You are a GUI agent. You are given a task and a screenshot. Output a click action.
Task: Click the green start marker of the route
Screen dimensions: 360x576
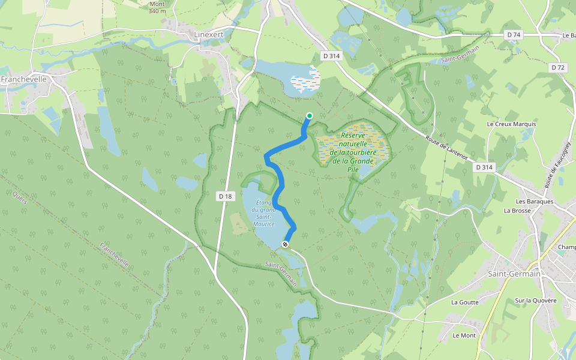[309, 116]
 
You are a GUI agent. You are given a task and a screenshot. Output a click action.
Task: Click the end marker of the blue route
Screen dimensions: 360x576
[285, 244]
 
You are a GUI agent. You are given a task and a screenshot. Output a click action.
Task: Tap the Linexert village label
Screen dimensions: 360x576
[209, 35]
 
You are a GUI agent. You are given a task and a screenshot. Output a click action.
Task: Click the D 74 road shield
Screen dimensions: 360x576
[514, 35]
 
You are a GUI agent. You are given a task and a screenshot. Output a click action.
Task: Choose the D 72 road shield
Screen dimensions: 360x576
[558, 68]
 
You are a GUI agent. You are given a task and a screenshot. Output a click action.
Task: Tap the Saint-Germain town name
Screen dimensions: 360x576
[514, 274]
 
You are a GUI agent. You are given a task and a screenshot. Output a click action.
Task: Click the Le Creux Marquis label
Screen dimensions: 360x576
[511, 124]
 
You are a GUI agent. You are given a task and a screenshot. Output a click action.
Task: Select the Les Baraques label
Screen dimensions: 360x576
[535, 202]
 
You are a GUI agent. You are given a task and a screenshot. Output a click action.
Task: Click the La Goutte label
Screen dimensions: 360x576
[465, 302]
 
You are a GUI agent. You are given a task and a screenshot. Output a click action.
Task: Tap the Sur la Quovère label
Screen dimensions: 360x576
[536, 301]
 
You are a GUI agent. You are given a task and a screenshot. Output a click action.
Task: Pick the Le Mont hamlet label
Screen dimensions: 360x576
[464, 335]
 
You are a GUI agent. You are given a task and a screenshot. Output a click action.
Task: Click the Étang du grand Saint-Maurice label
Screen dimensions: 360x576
[263, 213]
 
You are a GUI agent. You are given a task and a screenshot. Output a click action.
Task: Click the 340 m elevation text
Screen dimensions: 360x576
[157, 11]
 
